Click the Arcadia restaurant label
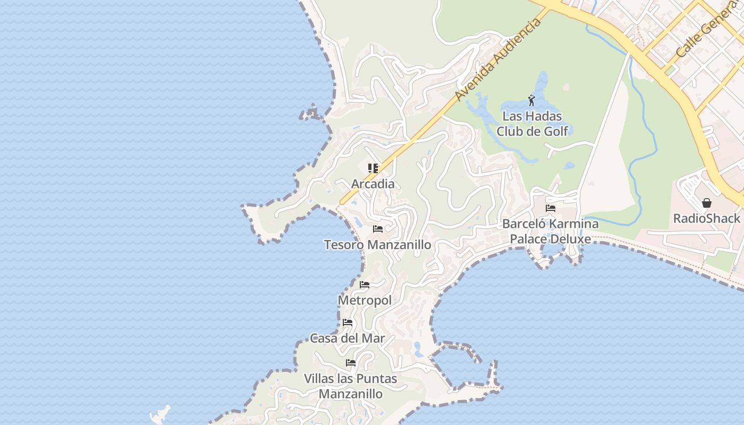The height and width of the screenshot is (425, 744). (373, 184)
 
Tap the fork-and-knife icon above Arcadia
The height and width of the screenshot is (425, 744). (373, 168)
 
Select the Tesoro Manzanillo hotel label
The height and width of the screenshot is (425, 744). (377, 245)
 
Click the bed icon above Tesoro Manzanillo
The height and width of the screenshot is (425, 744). (378, 229)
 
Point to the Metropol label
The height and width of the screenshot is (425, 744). (365, 300)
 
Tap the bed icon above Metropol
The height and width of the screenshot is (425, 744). (364, 285)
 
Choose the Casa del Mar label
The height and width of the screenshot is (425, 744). (348, 338)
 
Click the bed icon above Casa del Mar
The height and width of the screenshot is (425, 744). (348, 322)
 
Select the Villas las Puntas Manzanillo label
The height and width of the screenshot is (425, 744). (351, 386)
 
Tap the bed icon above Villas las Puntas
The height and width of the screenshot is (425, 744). (351, 363)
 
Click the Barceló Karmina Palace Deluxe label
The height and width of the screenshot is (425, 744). (551, 232)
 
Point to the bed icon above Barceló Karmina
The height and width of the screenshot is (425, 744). (551, 208)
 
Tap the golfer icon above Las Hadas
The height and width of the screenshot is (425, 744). (531, 100)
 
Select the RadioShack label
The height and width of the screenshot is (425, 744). (706, 218)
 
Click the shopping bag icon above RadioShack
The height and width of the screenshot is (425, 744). (707, 203)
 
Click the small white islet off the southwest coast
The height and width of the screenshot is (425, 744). (161, 414)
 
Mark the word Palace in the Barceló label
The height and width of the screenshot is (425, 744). (528, 239)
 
